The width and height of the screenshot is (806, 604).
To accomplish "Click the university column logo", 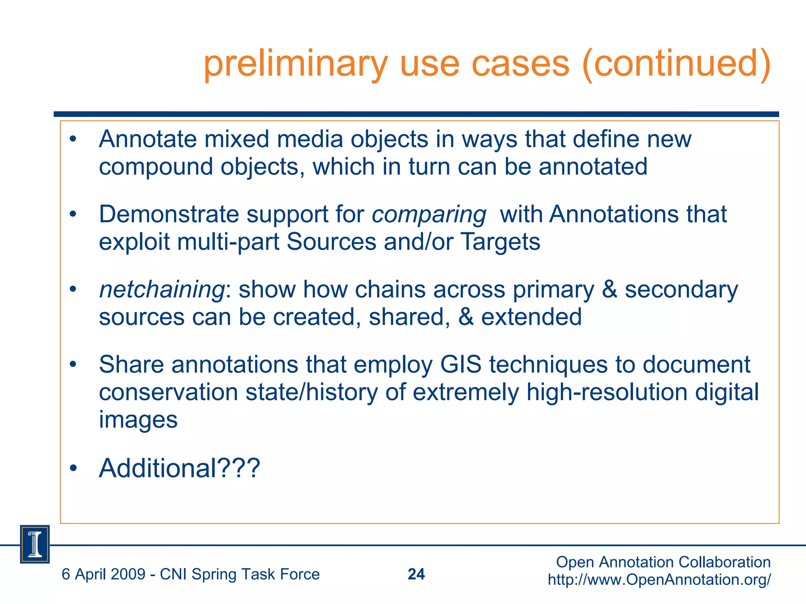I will (x=35, y=544).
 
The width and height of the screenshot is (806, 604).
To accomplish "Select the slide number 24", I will (x=416, y=574).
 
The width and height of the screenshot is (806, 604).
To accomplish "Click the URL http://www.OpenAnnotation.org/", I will (x=659, y=580).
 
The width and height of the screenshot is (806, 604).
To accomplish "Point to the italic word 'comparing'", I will (x=429, y=215).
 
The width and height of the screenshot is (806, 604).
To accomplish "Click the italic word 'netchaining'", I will (x=161, y=290).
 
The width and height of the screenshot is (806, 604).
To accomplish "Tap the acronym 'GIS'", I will (x=460, y=365).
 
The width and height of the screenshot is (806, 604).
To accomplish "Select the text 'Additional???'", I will (x=179, y=468).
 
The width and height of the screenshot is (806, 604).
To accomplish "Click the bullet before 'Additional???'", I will (x=73, y=468).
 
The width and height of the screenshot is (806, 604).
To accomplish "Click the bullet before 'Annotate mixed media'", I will (x=73, y=139).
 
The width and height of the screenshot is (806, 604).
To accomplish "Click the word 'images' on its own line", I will (x=138, y=420).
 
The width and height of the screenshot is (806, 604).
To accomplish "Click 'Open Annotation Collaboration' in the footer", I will (x=663, y=562).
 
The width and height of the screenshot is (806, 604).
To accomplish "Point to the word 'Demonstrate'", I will (x=169, y=215).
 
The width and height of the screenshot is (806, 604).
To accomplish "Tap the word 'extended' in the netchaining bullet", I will (x=531, y=317).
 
